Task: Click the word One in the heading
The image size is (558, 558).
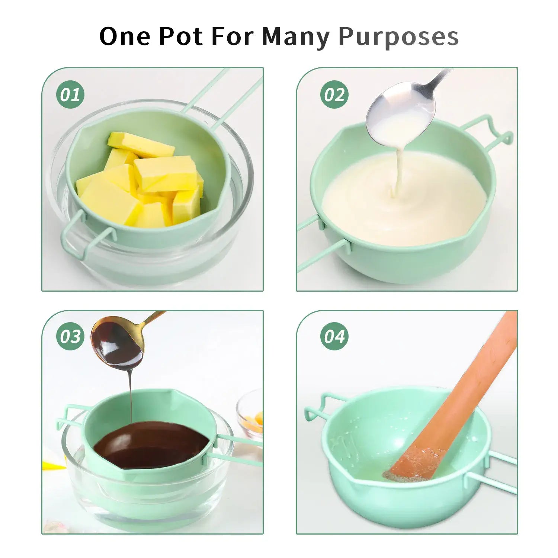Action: tap(125, 36)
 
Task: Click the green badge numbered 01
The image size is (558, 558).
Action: tap(70, 94)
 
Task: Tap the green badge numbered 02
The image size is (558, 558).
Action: tap(334, 94)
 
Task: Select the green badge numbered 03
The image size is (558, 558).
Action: tap(70, 336)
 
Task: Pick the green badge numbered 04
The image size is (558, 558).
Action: tap(334, 336)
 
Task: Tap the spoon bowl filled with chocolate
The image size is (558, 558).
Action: tap(117, 343)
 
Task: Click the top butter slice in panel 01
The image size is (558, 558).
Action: tap(141, 145)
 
